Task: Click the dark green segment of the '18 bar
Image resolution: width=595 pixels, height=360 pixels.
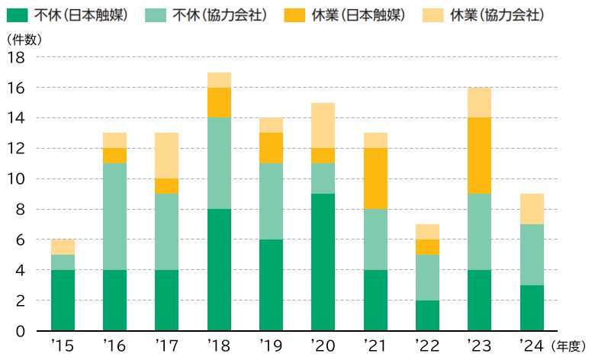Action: click(x=219, y=270)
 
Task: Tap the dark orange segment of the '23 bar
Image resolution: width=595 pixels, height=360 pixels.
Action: click(x=479, y=156)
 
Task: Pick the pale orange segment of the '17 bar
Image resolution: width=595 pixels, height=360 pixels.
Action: click(x=167, y=156)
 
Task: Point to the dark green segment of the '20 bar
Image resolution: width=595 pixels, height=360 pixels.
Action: click(x=323, y=262)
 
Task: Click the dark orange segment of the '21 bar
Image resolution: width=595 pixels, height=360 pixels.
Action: click(x=375, y=178)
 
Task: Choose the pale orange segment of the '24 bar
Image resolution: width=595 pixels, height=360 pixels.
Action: click(x=531, y=209)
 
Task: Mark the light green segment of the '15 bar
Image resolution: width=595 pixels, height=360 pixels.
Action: click(x=63, y=262)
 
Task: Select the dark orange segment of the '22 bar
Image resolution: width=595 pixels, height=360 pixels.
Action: click(x=427, y=247)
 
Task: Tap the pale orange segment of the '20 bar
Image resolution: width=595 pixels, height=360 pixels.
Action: click(x=323, y=125)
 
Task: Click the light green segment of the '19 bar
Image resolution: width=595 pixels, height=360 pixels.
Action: click(x=271, y=201)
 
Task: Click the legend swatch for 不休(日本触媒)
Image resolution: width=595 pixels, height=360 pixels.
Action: click(x=20, y=14)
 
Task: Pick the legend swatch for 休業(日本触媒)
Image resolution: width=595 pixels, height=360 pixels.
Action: click(x=304, y=14)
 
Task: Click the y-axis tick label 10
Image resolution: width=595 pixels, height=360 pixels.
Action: click(x=17, y=179)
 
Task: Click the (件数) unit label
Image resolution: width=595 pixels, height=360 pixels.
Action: click(x=20, y=39)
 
